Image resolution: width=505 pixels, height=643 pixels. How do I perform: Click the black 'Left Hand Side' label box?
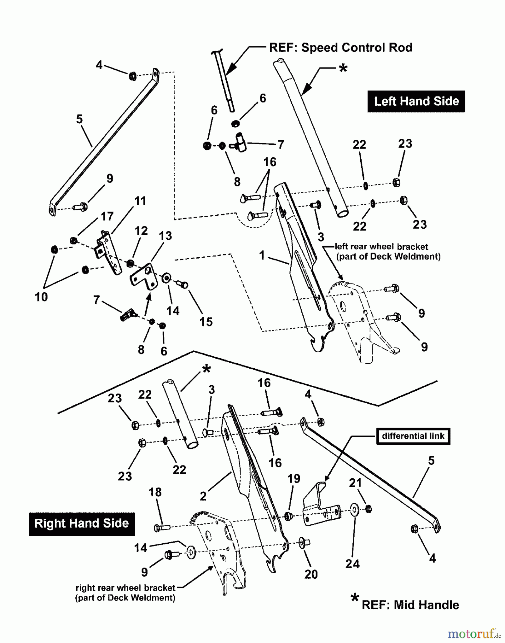[416, 101]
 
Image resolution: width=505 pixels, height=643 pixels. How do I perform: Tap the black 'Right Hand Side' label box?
[81, 524]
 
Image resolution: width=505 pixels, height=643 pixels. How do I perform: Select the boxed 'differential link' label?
[413, 436]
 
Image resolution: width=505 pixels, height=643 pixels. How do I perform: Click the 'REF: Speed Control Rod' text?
[341, 48]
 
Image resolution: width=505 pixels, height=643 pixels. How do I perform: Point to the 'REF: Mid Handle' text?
[410, 605]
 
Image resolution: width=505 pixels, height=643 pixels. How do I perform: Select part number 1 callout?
[262, 255]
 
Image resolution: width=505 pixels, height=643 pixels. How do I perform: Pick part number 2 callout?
[203, 496]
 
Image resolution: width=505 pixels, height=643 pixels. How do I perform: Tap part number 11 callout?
[140, 201]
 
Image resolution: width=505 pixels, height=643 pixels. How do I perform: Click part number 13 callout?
[165, 236]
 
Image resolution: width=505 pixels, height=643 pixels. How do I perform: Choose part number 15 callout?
[206, 322]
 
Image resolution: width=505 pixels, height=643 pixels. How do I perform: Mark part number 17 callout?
[107, 216]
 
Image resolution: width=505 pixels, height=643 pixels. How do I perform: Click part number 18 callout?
[155, 492]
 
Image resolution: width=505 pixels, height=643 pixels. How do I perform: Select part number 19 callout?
[294, 479]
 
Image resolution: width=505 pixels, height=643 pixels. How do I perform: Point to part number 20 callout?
[311, 574]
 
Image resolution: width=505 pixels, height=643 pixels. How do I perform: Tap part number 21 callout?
[355, 483]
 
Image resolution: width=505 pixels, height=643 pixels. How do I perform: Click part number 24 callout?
[352, 564]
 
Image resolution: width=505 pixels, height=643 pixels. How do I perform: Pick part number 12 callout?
[141, 231]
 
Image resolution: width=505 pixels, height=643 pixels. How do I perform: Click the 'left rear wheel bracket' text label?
[381, 246]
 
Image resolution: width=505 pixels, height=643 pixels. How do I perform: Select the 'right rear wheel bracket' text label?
[125, 588]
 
